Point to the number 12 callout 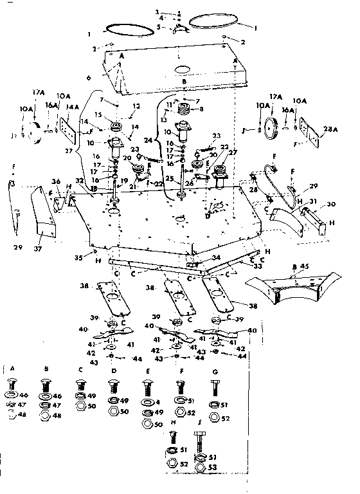(136, 105)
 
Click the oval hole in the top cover (183, 69)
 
